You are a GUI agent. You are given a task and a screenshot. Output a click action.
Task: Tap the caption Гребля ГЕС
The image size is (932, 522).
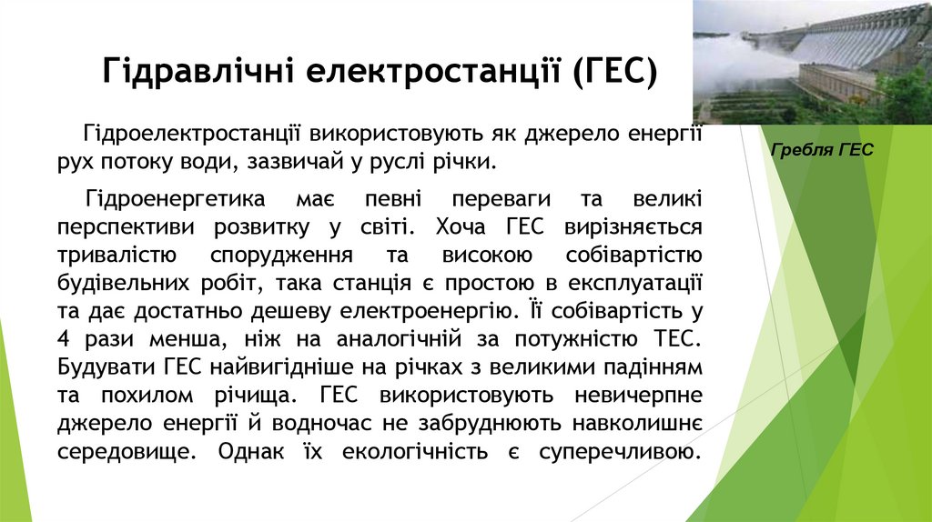(821, 150)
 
